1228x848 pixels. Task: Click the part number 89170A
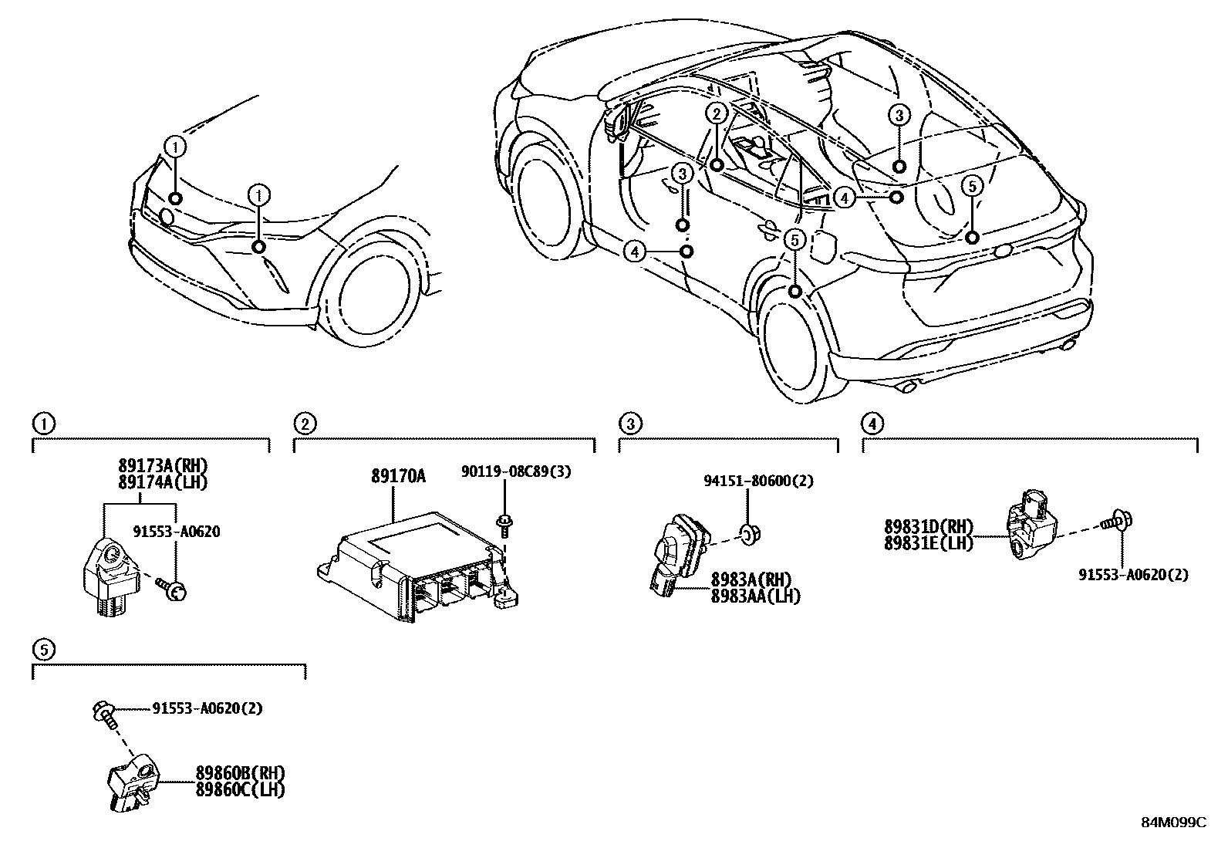(x=398, y=477)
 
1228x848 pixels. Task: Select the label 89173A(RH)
(x=163, y=466)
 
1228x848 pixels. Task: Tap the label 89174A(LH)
(x=163, y=481)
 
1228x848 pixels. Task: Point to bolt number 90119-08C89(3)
(x=516, y=471)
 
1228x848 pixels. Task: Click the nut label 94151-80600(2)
(x=758, y=481)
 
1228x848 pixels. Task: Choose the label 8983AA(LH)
(x=755, y=596)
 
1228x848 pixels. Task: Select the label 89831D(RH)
(x=929, y=527)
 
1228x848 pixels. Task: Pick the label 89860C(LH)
(x=241, y=790)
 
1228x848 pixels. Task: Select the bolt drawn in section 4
(x=1115, y=522)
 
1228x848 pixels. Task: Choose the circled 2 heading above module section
(x=305, y=423)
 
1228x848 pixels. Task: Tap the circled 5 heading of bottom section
(x=44, y=650)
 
